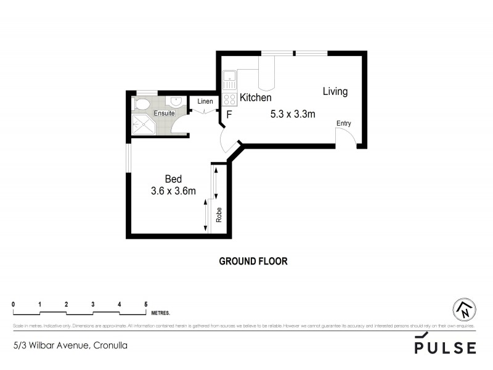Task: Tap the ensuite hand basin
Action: tap(176, 102)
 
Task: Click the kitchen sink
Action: tap(229, 79)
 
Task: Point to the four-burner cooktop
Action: tap(229, 99)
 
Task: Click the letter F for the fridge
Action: tap(229, 114)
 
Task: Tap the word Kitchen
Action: tap(256, 98)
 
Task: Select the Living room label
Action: tap(335, 92)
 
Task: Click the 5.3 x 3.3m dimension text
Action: tap(293, 113)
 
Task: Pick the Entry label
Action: tap(343, 124)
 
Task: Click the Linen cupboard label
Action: tap(205, 102)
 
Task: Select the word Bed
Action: tap(173, 179)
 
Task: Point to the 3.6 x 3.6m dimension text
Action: tap(173, 191)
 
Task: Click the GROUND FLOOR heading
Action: tap(253, 261)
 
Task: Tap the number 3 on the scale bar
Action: tap(92, 304)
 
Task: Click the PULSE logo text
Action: tap(445, 347)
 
